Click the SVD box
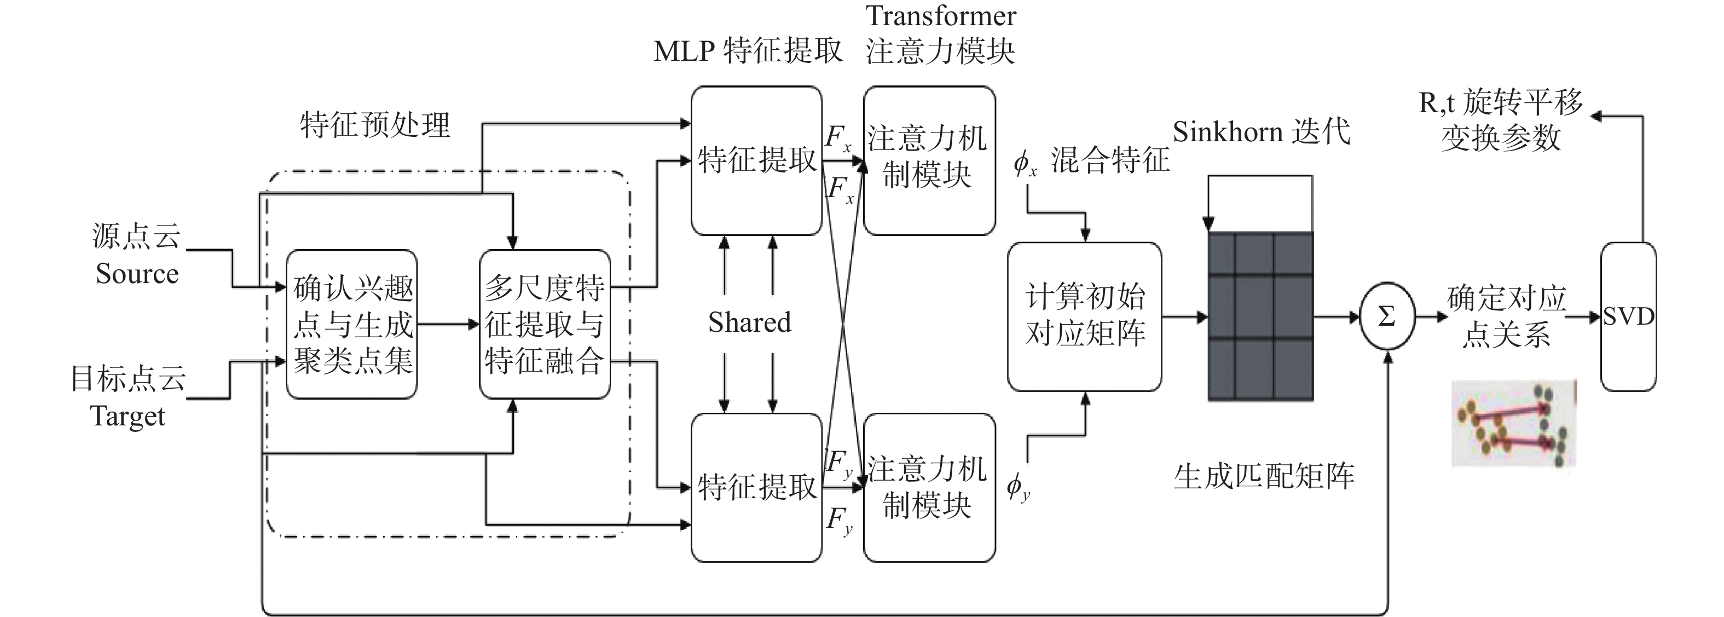[1628, 316]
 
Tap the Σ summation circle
[1387, 316]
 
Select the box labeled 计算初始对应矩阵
[1084, 316]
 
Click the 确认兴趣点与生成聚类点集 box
[352, 325]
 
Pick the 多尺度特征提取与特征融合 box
[544, 325]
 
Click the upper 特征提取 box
[756, 160]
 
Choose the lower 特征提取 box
[756, 487]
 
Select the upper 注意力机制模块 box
[928, 160]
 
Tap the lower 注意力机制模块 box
[928, 487]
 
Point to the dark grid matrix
[1260, 316]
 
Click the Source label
[137, 274]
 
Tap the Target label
[127, 416]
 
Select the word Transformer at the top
[941, 16]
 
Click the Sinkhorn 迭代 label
[1262, 132]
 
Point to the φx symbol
[1024, 163]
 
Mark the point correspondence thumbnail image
[1514, 424]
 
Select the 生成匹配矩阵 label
[1264, 476]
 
